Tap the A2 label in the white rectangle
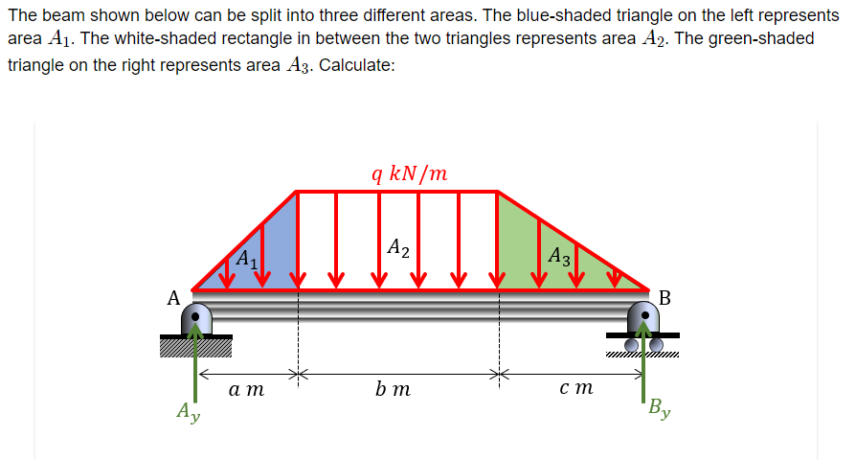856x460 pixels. click(398, 248)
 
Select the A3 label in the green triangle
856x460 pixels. click(560, 256)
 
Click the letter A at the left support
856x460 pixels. click(174, 298)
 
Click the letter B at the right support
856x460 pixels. click(665, 298)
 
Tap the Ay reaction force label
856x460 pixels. click(188, 413)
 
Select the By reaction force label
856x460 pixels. click(659, 409)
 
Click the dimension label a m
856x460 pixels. click(247, 389)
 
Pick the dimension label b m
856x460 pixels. click(394, 389)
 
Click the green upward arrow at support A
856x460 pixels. click(196, 364)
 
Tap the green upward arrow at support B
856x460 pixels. click(643, 364)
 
